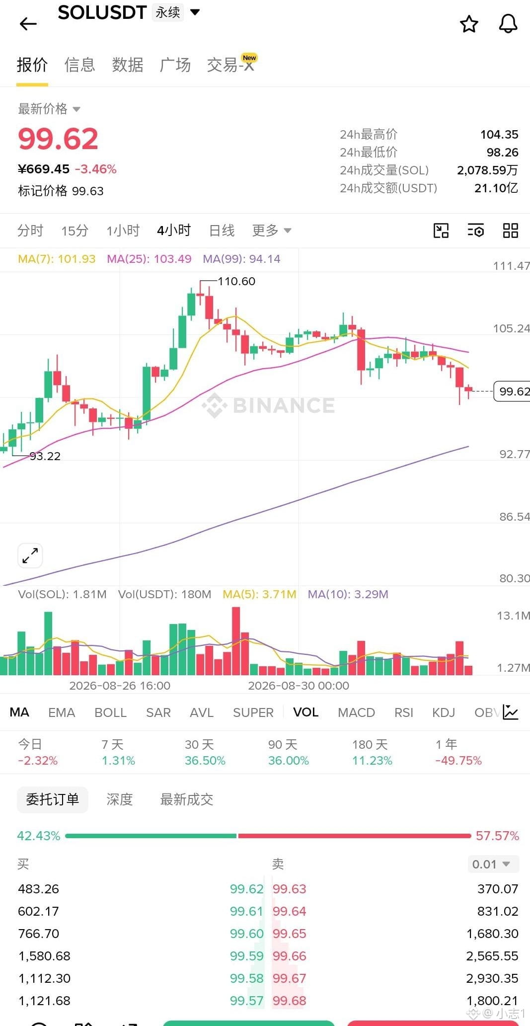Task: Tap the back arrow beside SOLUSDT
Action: (28, 23)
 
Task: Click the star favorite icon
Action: (469, 23)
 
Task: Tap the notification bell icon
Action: (508, 23)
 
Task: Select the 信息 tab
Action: (79, 65)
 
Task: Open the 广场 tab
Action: (175, 65)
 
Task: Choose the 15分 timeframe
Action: (75, 231)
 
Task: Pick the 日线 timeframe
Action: (222, 231)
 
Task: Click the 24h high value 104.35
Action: (499, 135)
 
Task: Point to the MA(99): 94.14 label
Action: (241, 259)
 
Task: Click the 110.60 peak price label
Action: (236, 281)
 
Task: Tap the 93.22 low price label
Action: (45, 456)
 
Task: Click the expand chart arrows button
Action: (30, 555)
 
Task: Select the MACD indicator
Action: (356, 712)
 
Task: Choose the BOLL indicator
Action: (110, 712)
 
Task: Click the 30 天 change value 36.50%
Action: (205, 761)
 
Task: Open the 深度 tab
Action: (120, 799)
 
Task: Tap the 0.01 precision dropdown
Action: (493, 864)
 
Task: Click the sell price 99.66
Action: (290, 956)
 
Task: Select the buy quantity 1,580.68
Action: (44, 956)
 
